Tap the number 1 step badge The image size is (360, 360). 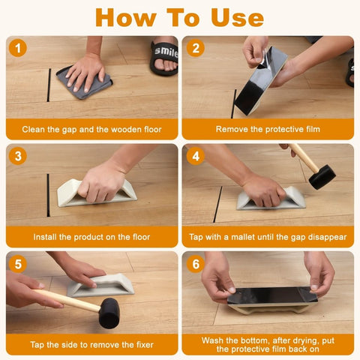coord(19,49)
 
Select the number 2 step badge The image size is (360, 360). coord(196,49)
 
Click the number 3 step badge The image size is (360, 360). coord(19,157)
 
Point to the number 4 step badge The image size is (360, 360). coord(196,157)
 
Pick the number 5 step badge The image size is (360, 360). coord(19,264)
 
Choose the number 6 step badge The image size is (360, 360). coord(196,264)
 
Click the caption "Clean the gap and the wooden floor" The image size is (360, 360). coord(91,129)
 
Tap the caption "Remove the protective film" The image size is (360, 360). coord(268,129)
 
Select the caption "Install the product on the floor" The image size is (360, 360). coord(91,237)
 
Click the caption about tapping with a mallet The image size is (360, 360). coord(268,237)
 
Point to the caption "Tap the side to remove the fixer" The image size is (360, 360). coord(91,344)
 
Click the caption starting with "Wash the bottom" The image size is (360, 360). coord(268,344)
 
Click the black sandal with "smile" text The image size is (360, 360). coord(164,57)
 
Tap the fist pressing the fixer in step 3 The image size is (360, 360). coord(101,182)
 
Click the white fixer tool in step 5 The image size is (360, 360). coord(101,286)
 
